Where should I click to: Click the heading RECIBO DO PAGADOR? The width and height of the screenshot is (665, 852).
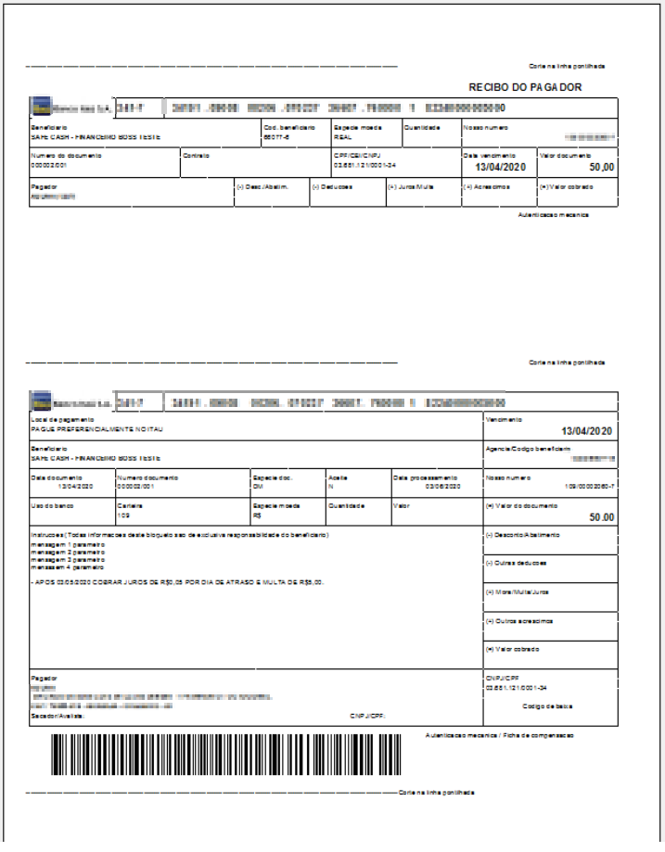(x=525, y=86)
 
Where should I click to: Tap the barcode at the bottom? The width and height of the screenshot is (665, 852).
(x=226, y=754)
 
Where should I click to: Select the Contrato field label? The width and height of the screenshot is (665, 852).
(x=196, y=155)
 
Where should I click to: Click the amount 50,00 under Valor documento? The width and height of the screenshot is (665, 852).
(x=602, y=167)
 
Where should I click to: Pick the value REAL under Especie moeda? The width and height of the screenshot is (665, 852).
(x=342, y=136)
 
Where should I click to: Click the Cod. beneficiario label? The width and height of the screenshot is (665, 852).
(x=289, y=127)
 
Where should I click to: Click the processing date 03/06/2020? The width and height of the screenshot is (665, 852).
(x=442, y=486)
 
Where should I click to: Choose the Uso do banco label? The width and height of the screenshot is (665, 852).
(x=46, y=505)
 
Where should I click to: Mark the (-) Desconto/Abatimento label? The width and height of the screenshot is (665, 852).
(x=523, y=535)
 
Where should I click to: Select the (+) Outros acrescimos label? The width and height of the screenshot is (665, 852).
(x=519, y=620)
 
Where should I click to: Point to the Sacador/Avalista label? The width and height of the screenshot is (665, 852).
(x=57, y=716)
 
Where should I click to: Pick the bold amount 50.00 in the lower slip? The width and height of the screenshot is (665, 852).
(x=602, y=517)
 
